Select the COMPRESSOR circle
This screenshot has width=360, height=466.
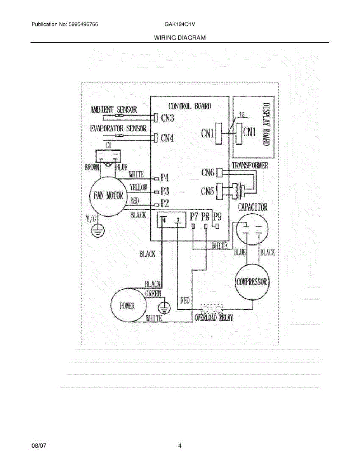pyautogui.click(x=252, y=282)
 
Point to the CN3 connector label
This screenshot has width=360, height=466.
pyautogui.click(x=167, y=118)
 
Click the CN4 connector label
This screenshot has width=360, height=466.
pyautogui.click(x=167, y=137)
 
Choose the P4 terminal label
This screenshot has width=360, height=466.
pyautogui.click(x=165, y=178)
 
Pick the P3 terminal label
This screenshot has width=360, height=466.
pyautogui.click(x=165, y=191)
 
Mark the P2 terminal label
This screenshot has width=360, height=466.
pyautogui.click(x=165, y=203)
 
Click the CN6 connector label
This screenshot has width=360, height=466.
pyautogui.click(x=208, y=172)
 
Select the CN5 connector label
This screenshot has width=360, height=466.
pyautogui.click(x=208, y=191)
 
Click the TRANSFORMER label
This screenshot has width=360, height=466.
pyautogui.click(x=250, y=166)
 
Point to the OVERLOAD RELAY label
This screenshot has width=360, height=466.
pyautogui.click(x=214, y=318)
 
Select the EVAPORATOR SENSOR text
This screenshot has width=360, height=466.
pyautogui.click(x=118, y=129)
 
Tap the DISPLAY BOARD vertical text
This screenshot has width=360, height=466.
pyautogui.click(x=266, y=124)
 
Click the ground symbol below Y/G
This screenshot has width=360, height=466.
pyautogui.click(x=95, y=232)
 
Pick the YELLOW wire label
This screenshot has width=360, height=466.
pyautogui.click(x=138, y=187)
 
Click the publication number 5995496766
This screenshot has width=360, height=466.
pyautogui.click(x=83, y=24)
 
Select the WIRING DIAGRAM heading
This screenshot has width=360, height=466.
pyautogui.click(x=179, y=38)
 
